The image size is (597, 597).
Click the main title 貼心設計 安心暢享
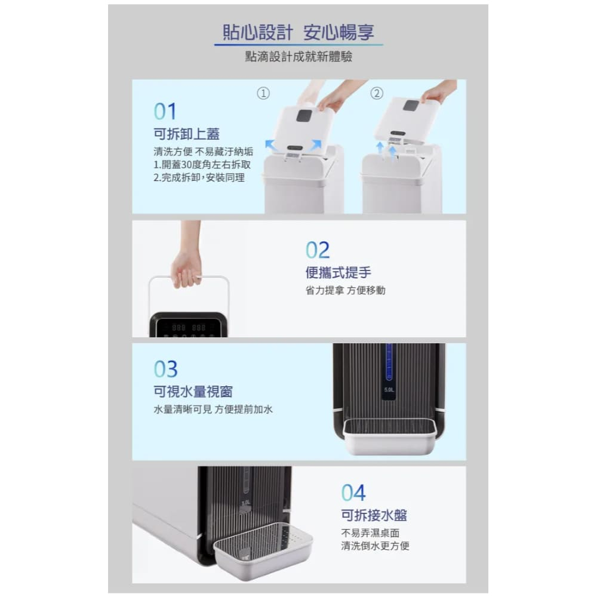coord(298,32)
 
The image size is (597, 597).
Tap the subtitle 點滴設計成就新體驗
coord(298,57)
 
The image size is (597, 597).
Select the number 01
coord(165,112)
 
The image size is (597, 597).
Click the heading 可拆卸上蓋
coord(186,134)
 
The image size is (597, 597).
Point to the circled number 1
coord(263,93)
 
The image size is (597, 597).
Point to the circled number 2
coord(377,93)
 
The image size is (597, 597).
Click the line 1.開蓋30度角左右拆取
coord(202,165)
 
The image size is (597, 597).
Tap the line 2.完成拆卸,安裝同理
coord(199,177)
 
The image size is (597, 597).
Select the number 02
coord(318,250)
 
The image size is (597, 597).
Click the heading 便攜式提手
coord(338,273)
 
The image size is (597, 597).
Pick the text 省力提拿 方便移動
coord(345,290)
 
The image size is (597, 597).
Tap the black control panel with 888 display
coord(189,325)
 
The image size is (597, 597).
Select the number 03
coord(165,369)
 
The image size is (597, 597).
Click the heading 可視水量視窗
coord(193,392)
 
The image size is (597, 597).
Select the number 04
coord(353,493)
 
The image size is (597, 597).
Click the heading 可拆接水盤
coord(374,515)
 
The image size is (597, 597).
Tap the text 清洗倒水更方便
coord(375,546)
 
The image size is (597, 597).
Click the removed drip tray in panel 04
coord(263,550)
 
